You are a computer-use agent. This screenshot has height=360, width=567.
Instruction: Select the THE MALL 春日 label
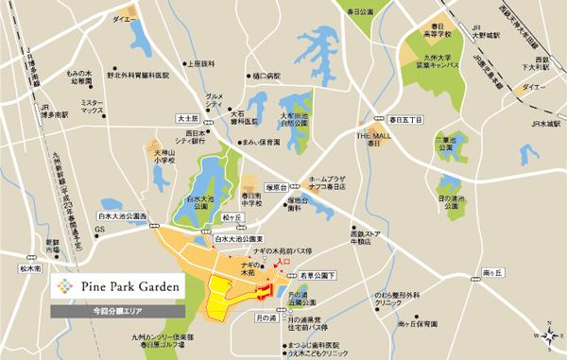click(x=373, y=139)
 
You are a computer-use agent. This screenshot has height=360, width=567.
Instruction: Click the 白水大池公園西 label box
click(x=122, y=216)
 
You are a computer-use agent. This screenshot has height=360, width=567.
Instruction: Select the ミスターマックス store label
click(x=92, y=105)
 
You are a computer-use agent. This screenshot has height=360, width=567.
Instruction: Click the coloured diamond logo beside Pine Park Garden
click(x=62, y=286)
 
